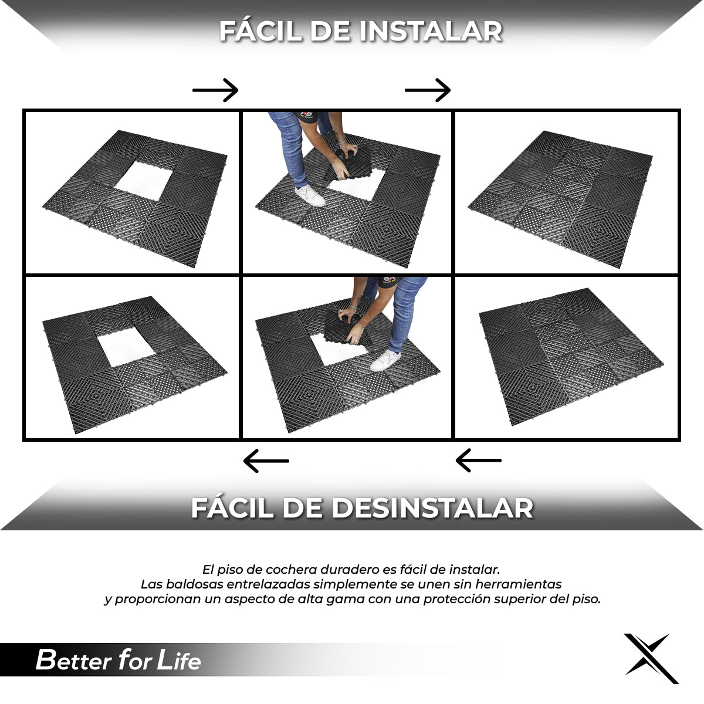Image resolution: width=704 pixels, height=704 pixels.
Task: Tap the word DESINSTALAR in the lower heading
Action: point(432,508)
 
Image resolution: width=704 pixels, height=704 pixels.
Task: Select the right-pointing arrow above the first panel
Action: point(215,90)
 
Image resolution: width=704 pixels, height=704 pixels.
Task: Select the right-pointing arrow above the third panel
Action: point(428,90)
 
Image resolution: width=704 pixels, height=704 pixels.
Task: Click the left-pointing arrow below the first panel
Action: point(266,461)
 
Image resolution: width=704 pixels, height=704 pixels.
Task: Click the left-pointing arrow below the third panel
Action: point(479,461)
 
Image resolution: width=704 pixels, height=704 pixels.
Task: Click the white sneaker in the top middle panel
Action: point(310,195)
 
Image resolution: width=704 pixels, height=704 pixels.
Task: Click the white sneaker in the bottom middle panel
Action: point(385,360)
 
